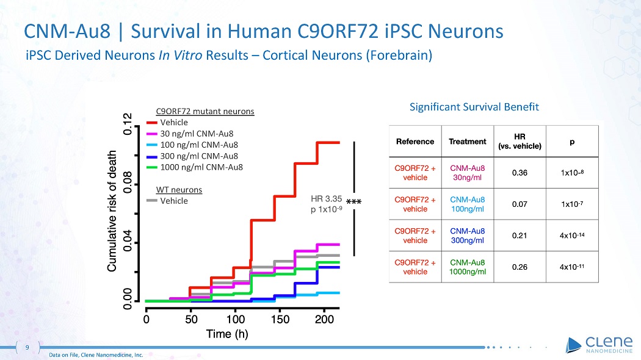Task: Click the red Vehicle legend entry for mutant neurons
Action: [174, 122]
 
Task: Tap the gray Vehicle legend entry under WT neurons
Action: [174, 201]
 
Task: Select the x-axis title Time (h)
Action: [227, 334]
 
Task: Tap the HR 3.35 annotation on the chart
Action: [326, 199]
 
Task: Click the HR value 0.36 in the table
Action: [520, 173]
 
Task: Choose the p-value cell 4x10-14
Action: [572, 235]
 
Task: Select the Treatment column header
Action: [468, 142]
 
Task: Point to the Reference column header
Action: [415, 142]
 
